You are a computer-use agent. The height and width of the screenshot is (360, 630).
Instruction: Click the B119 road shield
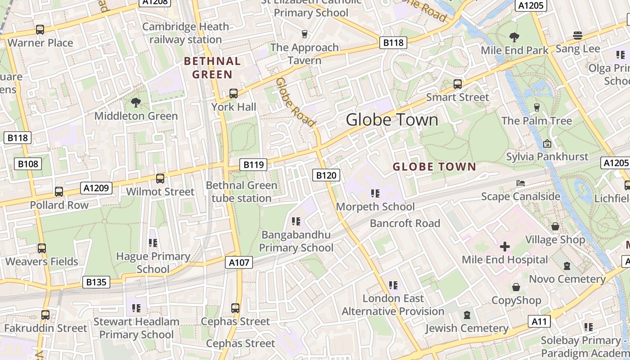coord(253,165)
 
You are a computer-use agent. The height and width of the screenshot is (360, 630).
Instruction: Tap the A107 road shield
coord(239,262)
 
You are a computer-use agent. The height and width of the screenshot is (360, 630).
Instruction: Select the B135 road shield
coord(96,282)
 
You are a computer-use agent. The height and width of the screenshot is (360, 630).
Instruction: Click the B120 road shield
coord(326,175)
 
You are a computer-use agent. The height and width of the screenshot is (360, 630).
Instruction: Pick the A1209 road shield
coord(96,188)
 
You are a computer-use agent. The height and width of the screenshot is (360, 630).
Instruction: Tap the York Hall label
coord(234,107)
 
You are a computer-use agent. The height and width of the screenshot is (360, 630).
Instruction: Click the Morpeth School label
coord(375,207)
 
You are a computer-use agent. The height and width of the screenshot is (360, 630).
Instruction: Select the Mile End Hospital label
coord(505,260)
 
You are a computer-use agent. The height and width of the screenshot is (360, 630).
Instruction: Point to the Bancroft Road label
coord(405,223)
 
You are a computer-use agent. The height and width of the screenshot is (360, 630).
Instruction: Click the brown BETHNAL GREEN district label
coord(212,67)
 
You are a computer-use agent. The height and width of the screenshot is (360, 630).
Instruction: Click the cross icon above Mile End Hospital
coord(505,247)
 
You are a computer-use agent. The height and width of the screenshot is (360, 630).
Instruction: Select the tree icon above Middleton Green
coord(136,103)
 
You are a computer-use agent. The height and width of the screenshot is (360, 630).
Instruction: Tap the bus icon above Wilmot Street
coord(160,179)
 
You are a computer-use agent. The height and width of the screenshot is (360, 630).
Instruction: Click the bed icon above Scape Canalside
coord(521,183)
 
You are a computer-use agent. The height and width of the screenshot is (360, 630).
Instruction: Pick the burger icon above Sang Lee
coord(578,36)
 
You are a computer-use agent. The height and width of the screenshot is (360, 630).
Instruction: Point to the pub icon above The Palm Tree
coord(536,107)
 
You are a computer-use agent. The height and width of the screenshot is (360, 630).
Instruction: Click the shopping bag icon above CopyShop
coord(516,287)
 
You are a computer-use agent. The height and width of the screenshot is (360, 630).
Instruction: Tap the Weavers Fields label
coord(42,261)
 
